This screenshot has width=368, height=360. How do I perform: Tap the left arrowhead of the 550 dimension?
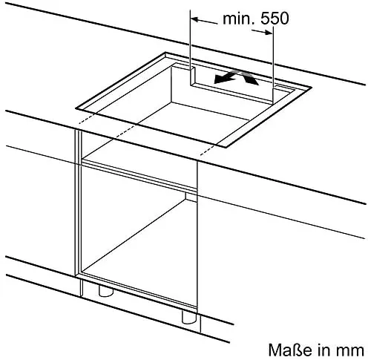click(195, 19)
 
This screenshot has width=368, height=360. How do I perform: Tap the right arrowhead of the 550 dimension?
click(269, 32)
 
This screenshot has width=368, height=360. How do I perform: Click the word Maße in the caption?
click(290, 350)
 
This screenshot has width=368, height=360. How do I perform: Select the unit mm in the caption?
click(350, 351)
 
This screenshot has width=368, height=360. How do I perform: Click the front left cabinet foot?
click(105, 290)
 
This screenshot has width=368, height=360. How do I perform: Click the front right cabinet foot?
click(189, 317)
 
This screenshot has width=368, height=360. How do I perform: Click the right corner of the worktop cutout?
click(311, 88)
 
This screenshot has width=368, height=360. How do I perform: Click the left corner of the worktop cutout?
click(76, 108)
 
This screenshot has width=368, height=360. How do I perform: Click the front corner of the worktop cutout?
click(226, 147)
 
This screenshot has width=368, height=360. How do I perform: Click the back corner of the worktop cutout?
click(165, 53)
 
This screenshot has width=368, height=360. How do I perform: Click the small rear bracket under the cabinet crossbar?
click(191, 197)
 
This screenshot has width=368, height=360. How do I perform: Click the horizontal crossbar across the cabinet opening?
click(139, 175)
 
